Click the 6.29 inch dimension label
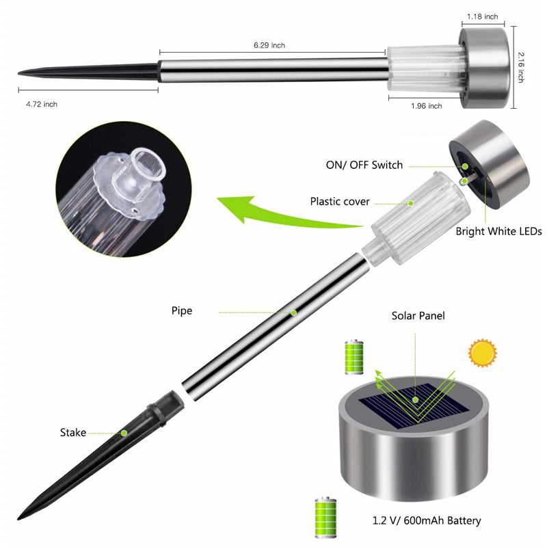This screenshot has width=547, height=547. point(269,45)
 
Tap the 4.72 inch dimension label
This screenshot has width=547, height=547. point(42,104)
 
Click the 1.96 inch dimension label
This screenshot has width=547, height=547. point(426,106)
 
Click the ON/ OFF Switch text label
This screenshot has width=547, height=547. point(364,165)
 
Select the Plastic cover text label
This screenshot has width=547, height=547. point(340,201)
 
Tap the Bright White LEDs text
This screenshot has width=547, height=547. point(499,232)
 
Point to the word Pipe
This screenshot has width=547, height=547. point(182,310)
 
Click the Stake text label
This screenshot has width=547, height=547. point(72,432)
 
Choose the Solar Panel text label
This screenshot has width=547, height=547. point(418,316)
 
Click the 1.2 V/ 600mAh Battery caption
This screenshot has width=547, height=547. point(426,521)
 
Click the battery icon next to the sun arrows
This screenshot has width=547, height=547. point(355,356)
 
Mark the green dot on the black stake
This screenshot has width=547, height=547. point(124,433)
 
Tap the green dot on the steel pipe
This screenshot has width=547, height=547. point(293,312)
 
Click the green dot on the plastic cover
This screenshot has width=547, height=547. point(411,202)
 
